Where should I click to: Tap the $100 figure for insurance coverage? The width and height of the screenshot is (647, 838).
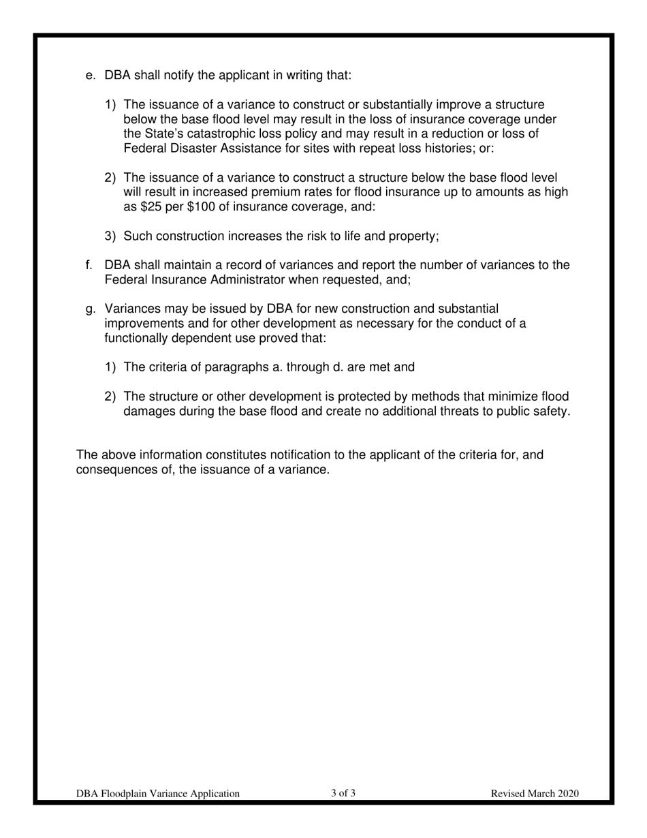pyautogui.click(x=201, y=207)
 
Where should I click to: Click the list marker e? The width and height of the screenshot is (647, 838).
pyautogui.click(x=91, y=75)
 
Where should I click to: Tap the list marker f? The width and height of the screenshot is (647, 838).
pyautogui.click(x=89, y=265)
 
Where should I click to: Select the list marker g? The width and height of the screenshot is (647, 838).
pyautogui.click(x=91, y=309)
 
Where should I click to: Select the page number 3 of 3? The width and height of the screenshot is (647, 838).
pyautogui.click(x=343, y=793)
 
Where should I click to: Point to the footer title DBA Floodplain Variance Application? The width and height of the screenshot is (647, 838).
pyautogui.click(x=158, y=794)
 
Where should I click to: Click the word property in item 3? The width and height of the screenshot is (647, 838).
pyautogui.click(x=413, y=236)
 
